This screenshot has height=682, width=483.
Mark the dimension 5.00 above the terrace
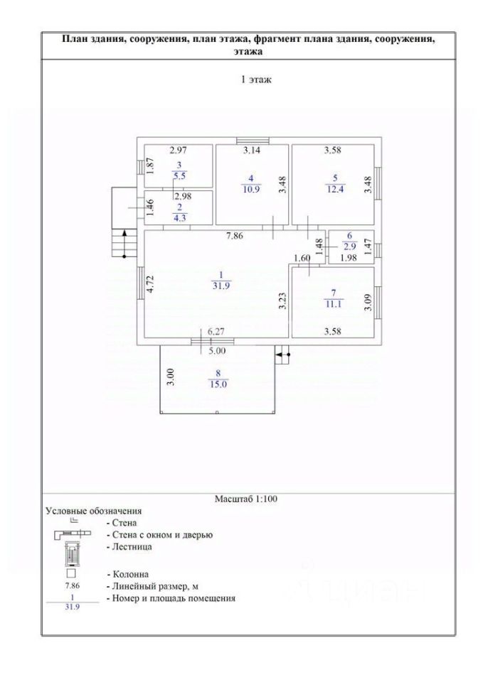coord(218,350)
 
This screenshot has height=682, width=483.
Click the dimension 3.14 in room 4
coord(252,151)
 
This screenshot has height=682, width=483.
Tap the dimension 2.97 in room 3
coord(177,151)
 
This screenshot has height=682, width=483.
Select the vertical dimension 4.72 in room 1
coord(151,284)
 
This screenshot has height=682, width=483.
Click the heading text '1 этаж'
coord(254,80)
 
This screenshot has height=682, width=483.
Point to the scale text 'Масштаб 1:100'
coord(246,499)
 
